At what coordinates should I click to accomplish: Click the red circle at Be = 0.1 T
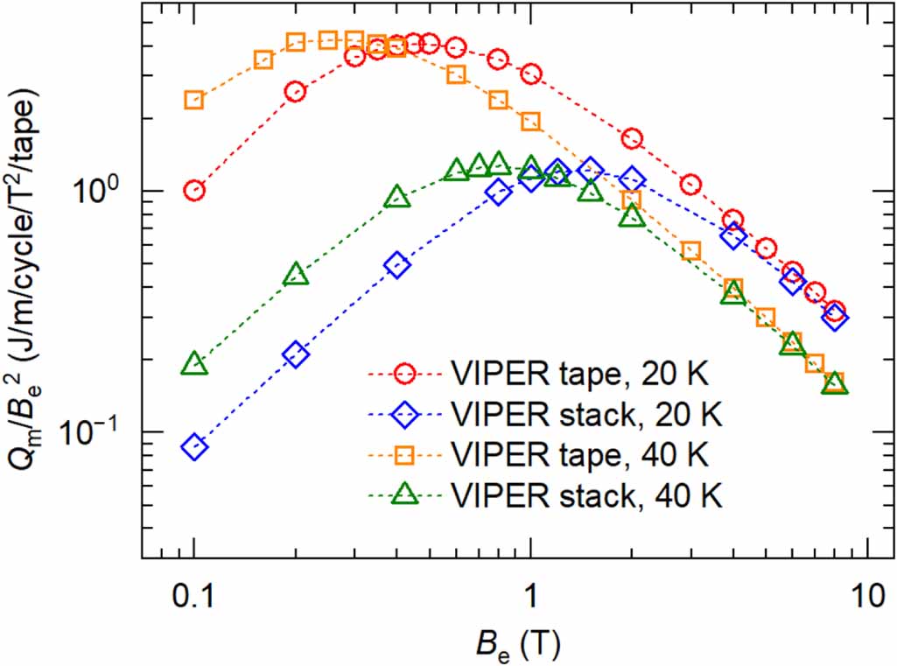tap(194, 191)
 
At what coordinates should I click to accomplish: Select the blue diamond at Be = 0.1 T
tap(194, 447)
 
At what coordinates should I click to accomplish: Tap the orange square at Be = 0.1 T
tap(194, 100)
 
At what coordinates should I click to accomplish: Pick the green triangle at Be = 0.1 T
tap(194, 364)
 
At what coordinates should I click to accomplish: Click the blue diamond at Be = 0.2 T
tap(296, 354)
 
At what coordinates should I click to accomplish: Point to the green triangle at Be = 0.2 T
tap(296, 275)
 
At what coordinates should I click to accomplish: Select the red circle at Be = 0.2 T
tap(296, 91)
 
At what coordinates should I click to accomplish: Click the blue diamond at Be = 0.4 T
tap(397, 265)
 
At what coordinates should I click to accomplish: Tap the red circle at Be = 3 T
tap(690, 185)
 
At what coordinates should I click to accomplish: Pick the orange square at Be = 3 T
tap(690, 251)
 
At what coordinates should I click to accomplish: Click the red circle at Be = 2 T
tap(632, 138)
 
